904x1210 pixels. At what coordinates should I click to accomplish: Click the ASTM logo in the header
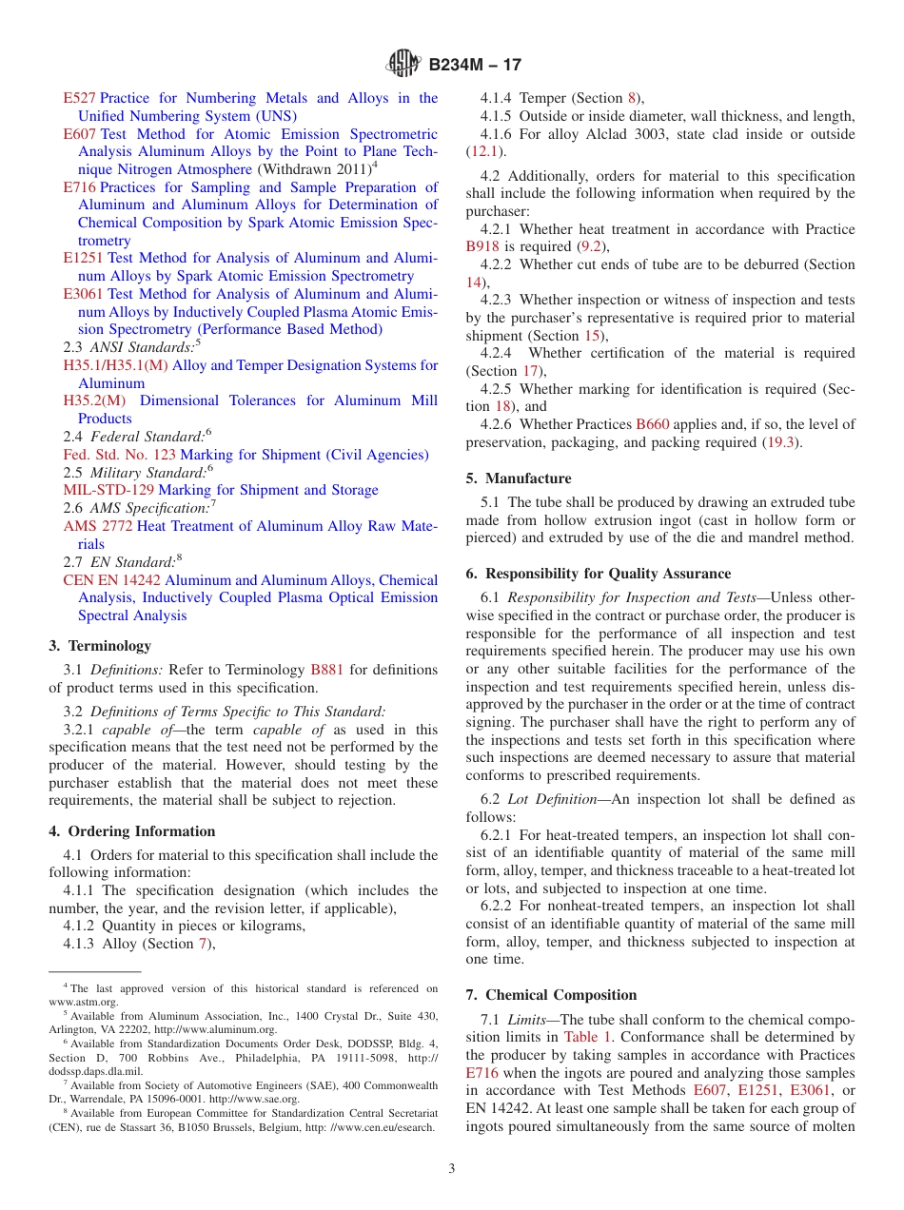(x=404, y=65)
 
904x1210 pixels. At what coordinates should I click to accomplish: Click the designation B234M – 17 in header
(x=475, y=65)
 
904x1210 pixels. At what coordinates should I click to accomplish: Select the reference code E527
(x=79, y=98)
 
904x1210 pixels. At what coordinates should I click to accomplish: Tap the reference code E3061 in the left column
(x=84, y=294)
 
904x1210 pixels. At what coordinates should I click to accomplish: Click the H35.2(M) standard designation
(x=93, y=400)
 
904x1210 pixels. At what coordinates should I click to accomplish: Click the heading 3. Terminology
(x=100, y=646)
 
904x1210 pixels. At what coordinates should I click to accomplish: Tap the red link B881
(x=327, y=670)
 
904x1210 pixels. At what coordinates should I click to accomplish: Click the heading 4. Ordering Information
(x=131, y=831)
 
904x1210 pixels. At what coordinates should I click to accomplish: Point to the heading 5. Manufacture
(x=519, y=478)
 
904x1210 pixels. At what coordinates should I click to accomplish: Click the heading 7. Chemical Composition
(x=551, y=995)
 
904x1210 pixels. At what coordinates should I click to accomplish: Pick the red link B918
(x=482, y=246)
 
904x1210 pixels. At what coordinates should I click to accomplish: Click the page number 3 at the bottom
(x=452, y=1168)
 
